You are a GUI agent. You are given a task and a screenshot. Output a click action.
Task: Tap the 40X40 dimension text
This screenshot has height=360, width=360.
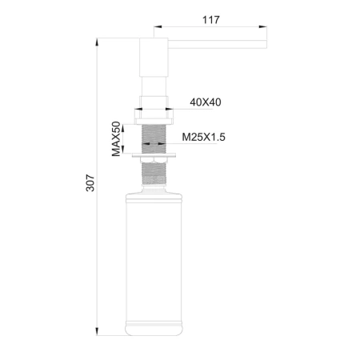(x=206, y=102)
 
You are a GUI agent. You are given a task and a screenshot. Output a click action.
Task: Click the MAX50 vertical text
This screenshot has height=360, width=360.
(x=116, y=138)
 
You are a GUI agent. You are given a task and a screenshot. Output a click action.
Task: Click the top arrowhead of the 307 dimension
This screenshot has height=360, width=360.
(x=96, y=38)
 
